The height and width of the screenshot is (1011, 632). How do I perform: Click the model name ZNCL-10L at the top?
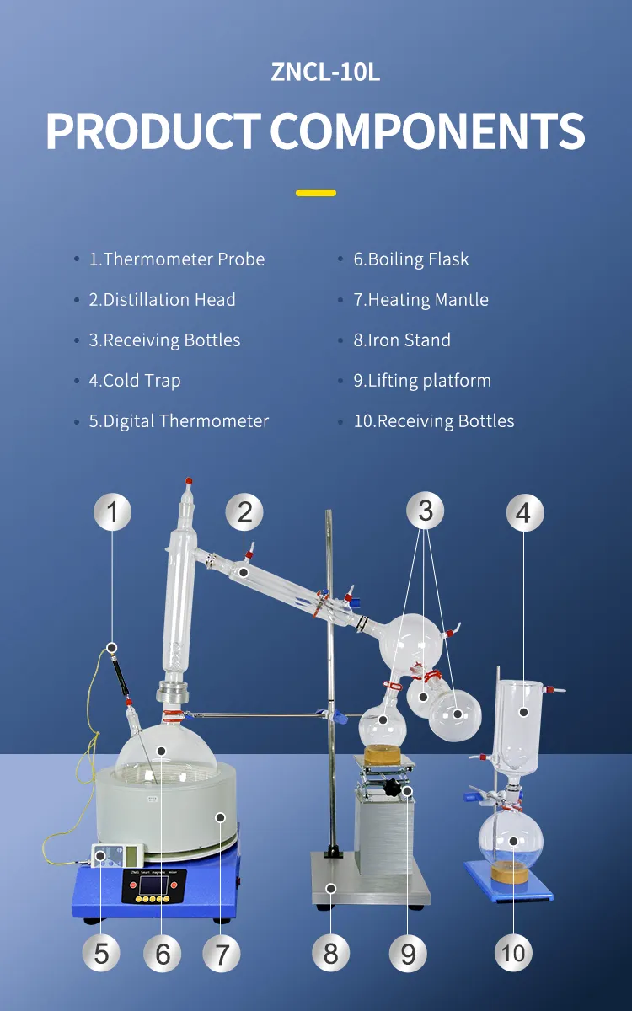pos(325,72)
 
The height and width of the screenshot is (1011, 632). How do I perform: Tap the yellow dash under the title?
pos(316,193)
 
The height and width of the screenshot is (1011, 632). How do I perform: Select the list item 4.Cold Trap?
pos(135,381)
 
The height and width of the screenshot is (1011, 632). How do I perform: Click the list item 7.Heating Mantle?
pos(420,300)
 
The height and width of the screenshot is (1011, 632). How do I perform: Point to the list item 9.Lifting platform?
pos(422,381)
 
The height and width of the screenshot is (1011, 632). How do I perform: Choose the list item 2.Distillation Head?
pos(162,300)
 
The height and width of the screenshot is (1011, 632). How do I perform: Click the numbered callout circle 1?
pos(112,512)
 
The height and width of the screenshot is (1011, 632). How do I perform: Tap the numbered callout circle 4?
pos(524,512)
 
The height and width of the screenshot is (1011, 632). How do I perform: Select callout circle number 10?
pos(513,953)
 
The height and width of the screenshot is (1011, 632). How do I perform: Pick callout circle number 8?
pos(331,953)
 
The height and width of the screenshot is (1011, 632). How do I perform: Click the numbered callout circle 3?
pos(426,510)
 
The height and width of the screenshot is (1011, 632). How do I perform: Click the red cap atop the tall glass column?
pos(189,481)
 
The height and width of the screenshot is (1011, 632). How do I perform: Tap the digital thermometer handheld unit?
pos(117,855)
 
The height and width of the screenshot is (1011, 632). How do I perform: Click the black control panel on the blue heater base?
pos(152,886)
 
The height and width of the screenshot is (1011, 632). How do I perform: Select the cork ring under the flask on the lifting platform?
pos(383,754)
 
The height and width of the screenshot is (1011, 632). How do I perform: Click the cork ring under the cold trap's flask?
pos(509,871)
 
